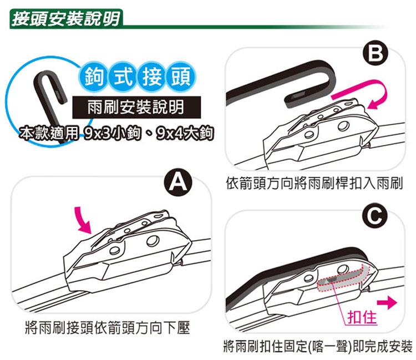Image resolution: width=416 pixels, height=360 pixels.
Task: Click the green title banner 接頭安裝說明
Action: [x=66, y=19]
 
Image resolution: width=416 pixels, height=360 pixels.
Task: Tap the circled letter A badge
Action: [x=178, y=182]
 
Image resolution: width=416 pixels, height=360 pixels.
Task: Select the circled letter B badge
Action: [x=375, y=54]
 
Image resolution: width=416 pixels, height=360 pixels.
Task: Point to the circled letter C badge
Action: [x=374, y=216]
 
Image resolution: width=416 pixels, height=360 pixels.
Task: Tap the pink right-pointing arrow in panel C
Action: [x=387, y=303]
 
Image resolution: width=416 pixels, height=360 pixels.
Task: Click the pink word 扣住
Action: [x=362, y=317]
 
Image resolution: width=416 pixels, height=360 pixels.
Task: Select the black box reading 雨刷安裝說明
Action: [x=136, y=107]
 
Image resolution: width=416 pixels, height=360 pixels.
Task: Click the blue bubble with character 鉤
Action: [x=94, y=77]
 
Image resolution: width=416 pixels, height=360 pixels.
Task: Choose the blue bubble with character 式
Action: [x=123, y=77]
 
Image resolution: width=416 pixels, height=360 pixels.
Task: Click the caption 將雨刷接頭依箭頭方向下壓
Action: [x=108, y=328]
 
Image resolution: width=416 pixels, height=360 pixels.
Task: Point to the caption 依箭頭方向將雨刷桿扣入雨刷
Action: [x=314, y=184]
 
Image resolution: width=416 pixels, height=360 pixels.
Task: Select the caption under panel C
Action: [x=318, y=346]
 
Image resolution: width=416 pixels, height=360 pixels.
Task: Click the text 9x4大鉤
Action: [x=184, y=134]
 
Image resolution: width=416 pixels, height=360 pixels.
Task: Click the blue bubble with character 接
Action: [x=152, y=77]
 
